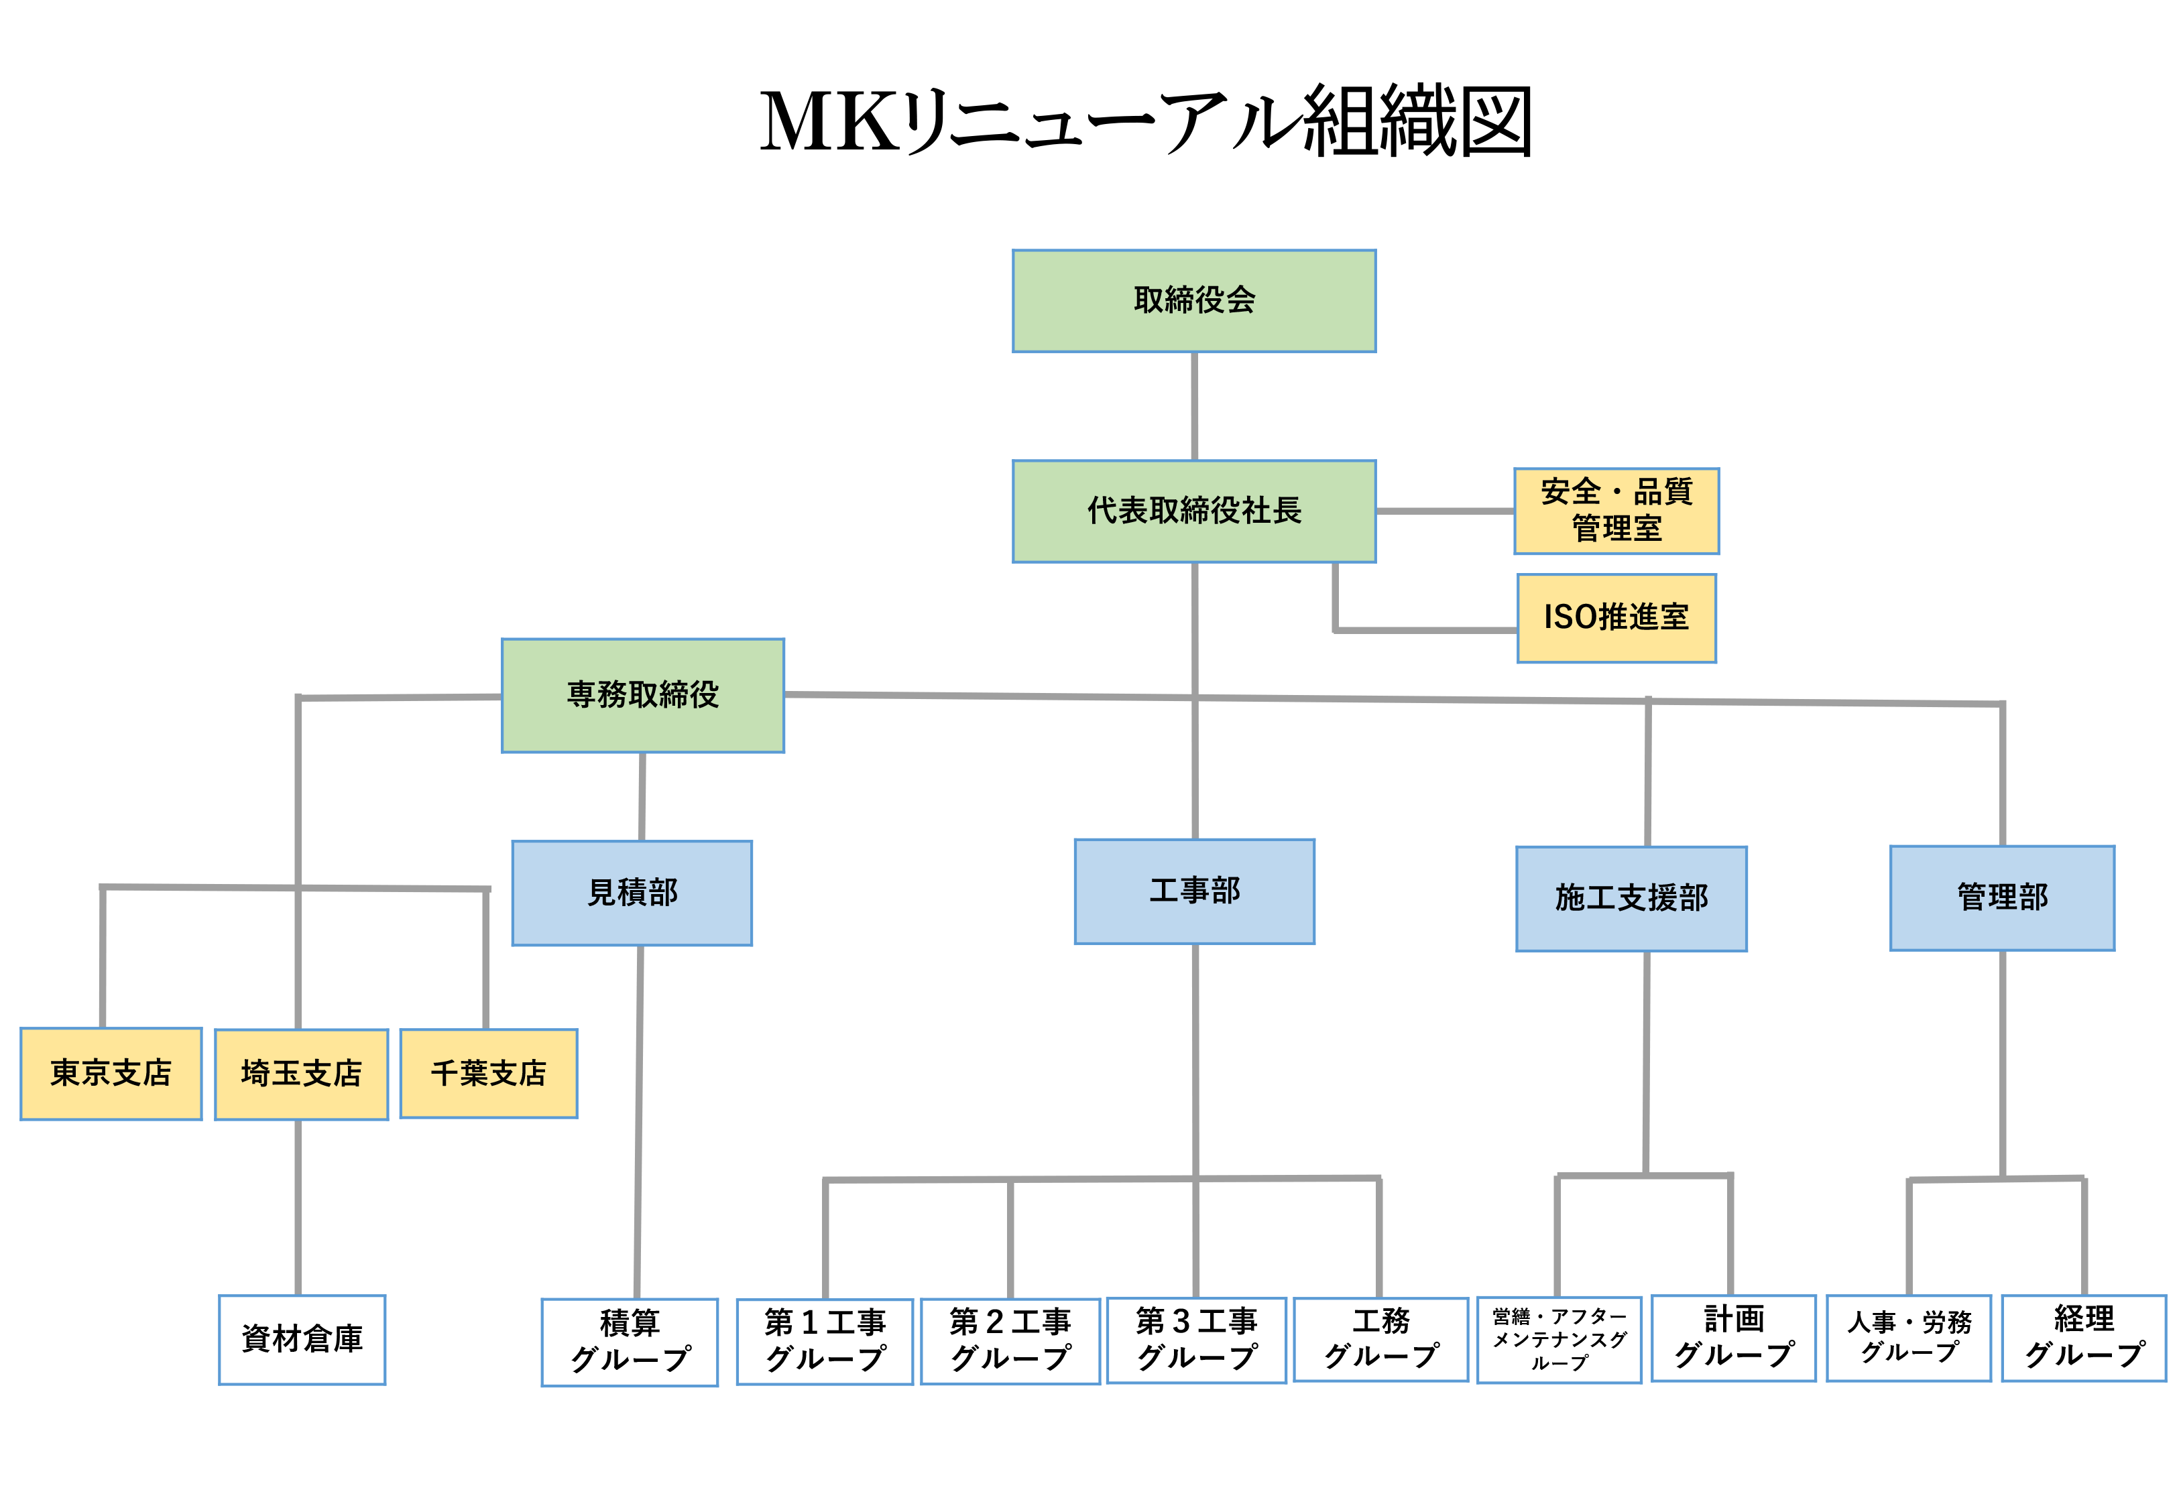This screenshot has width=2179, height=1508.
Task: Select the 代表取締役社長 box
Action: tap(1193, 511)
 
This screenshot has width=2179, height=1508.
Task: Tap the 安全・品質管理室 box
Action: tap(1616, 510)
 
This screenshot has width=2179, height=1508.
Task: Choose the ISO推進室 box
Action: tap(1616, 618)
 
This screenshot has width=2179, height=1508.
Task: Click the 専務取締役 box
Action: tap(642, 696)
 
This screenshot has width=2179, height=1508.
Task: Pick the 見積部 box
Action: tap(632, 893)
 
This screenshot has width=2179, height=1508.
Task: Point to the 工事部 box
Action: tap(1194, 891)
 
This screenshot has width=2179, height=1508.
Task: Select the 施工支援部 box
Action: tap(1631, 899)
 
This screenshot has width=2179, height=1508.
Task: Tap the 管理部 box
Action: tap(2001, 897)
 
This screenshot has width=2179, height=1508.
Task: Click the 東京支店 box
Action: tap(111, 1074)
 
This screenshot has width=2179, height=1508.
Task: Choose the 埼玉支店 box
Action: tap(302, 1074)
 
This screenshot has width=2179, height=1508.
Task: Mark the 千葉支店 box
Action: tap(489, 1074)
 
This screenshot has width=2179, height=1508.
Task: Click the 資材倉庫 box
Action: tap(302, 1340)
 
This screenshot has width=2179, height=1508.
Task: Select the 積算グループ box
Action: tap(630, 1342)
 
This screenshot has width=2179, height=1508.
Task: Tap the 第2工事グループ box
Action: tap(1010, 1340)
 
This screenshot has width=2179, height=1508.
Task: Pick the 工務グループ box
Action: tap(1380, 1339)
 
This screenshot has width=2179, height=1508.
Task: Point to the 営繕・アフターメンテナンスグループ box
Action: tap(1558, 1340)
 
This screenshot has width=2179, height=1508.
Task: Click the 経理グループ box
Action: tap(2084, 1338)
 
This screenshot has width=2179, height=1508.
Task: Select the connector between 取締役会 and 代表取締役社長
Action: tap(1194, 406)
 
